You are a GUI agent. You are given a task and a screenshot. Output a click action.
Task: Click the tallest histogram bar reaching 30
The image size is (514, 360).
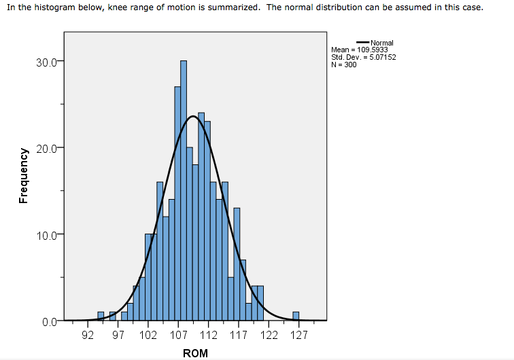[x=184, y=190]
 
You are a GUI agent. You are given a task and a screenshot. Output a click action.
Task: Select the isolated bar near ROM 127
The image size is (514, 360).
[x=296, y=316]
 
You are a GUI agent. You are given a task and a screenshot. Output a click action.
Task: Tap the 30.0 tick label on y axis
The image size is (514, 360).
[x=50, y=62]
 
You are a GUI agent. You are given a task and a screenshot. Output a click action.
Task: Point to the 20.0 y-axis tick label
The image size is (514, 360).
[x=50, y=148]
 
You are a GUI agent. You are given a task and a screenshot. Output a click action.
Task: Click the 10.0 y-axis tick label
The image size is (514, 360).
[x=50, y=235]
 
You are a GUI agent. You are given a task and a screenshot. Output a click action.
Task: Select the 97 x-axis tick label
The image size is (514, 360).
[x=118, y=335]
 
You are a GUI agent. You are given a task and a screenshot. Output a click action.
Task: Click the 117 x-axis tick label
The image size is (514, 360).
[x=238, y=335]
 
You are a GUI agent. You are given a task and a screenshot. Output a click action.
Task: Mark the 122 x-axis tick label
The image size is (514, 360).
[x=269, y=335]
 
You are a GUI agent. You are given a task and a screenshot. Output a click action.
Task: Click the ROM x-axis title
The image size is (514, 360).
[x=195, y=353]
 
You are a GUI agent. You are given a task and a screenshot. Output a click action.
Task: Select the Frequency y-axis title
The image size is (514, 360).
[x=24, y=175]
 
